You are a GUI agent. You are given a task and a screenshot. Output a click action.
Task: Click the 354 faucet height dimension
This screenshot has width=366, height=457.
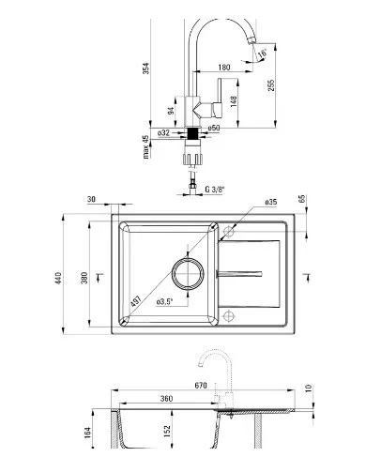146,69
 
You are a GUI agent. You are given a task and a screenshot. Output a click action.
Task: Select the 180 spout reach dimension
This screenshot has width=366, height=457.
224,68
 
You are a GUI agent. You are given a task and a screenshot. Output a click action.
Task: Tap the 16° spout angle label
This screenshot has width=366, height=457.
262,53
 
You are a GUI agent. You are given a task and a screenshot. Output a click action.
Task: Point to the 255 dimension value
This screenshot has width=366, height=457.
271,85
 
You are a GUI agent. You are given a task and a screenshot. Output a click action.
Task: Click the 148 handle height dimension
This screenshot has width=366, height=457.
234,101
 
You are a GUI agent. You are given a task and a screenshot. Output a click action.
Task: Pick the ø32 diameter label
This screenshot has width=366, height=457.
163,133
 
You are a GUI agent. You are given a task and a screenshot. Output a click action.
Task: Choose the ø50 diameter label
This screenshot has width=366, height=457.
214,128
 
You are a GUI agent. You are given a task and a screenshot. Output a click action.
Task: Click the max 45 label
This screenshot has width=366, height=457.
145,146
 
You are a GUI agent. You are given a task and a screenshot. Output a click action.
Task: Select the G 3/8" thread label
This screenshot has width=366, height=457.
215,189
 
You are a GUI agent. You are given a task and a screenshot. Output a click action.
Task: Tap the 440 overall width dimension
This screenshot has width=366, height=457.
58,278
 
